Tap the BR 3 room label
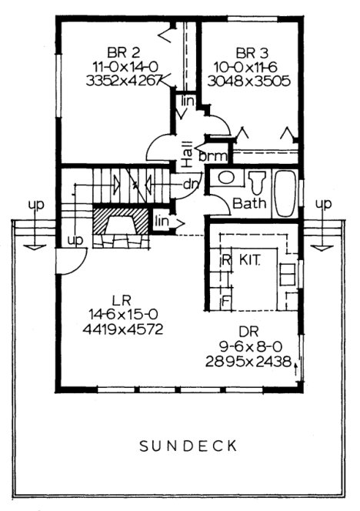pos(252,52)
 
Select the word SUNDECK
pos(189,446)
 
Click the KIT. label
pos(251,260)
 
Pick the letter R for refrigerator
pos(226,261)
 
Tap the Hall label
pos(187,153)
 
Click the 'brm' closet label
pos(212,156)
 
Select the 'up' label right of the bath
pos(324,204)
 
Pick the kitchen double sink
pos(288,276)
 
